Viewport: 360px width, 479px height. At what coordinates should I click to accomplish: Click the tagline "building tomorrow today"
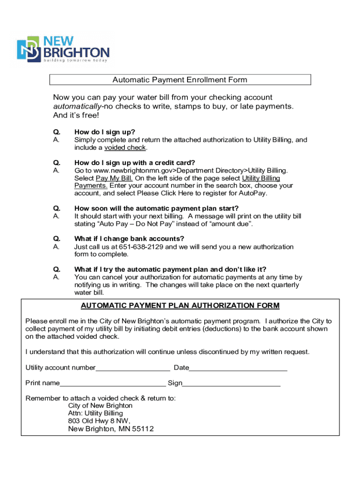[x=76, y=60]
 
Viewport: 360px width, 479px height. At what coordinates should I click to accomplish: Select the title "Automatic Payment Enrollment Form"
[x=180, y=80]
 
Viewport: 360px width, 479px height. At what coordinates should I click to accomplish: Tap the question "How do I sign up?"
[x=104, y=132]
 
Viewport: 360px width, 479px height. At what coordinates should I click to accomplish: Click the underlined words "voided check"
[x=125, y=148]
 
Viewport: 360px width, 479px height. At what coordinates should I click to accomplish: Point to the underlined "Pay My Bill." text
[x=114, y=178]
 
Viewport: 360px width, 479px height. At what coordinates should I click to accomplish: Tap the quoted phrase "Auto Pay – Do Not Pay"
[x=132, y=224]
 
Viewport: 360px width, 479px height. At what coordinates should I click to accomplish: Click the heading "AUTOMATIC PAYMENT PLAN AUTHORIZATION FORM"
[x=180, y=306]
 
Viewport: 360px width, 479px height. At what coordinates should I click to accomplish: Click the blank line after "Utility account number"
[x=133, y=369]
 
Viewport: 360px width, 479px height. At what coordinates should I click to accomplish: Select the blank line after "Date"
[x=238, y=369]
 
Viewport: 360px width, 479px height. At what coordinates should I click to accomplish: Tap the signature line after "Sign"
[x=231, y=384]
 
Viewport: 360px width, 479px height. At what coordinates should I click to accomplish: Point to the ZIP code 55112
[x=143, y=429]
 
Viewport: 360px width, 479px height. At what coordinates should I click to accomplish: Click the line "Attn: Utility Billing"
[x=95, y=414]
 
